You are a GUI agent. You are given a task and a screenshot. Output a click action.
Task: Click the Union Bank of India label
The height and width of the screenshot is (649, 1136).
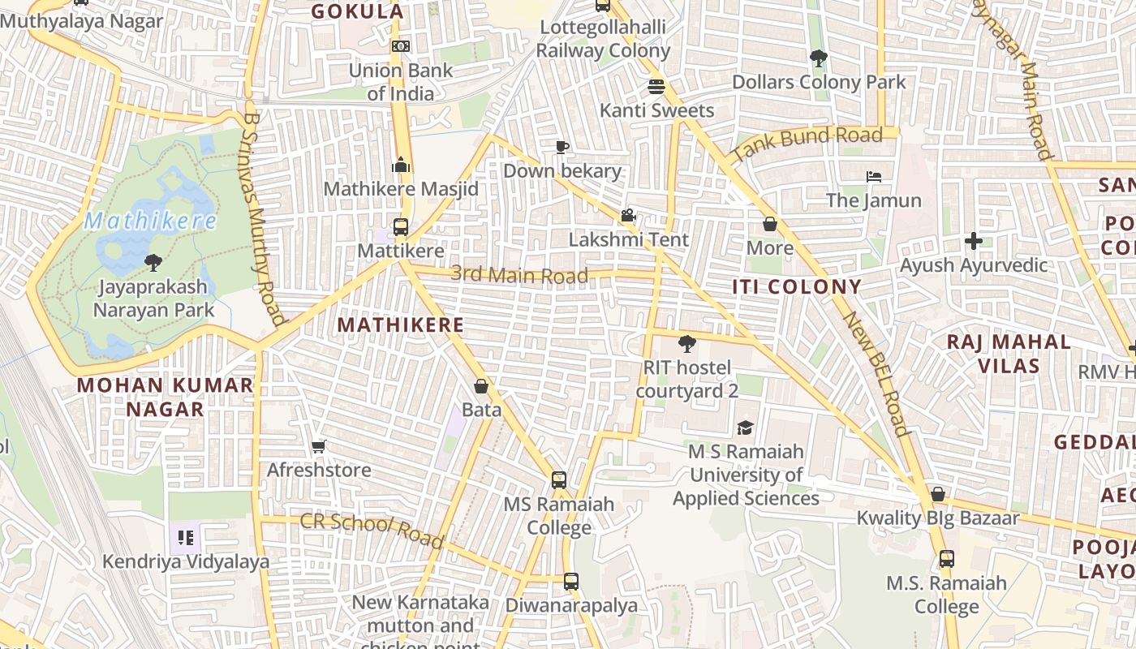pyautogui.click(x=400, y=82)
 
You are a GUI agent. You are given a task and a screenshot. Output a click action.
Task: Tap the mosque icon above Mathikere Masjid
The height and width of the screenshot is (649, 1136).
pyautogui.click(x=400, y=165)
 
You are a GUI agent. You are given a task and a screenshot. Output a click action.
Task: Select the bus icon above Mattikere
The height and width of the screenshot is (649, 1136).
pyautogui.click(x=400, y=227)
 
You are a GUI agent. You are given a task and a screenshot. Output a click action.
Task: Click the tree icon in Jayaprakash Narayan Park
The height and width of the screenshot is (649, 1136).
pyautogui.click(x=153, y=262)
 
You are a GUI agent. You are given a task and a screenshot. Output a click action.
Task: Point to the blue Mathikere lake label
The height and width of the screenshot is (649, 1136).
pyautogui.click(x=150, y=221)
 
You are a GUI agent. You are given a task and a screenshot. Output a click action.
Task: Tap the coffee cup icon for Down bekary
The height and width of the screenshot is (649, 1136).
pyautogui.click(x=562, y=147)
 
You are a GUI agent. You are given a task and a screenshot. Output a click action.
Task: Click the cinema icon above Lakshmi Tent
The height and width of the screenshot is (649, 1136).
pyautogui.click(x=628, y=216)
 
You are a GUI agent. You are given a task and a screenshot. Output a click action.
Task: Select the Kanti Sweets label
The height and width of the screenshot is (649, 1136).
pyautogui.click(x=656, y=110)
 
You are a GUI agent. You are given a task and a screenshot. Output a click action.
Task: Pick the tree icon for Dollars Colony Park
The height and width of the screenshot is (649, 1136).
pyautogui.click(x=818, y=58)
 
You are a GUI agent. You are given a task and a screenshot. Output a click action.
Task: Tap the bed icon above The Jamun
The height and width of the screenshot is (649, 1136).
pyautogui.click(x=873, y=176)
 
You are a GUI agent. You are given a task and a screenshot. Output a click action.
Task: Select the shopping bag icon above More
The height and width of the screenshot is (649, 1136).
pyautogui.click(x=769, y=224)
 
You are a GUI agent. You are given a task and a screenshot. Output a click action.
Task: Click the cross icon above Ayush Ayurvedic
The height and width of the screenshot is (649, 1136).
pyautogui.click(x=973, y=241)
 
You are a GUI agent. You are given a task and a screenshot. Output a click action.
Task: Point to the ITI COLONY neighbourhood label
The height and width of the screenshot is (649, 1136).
pyautogui.click(x=796, y=286)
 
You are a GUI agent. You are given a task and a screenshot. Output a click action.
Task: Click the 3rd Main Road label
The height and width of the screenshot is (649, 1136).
pyautogui.click(x=519, y=274)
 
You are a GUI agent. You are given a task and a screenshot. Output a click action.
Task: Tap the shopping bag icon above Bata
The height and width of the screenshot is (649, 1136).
pyautogui.click(x=481, y=386)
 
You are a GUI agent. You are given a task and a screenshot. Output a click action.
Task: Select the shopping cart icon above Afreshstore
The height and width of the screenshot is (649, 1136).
pyautogui.click(x=319, y=446)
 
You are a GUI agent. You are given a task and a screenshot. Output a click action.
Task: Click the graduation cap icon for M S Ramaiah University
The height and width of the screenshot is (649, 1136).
pyautogui.click(x=745, y=428)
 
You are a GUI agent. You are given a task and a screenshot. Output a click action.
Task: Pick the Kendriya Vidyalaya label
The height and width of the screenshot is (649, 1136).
pyautogui.click(x=186, y=561)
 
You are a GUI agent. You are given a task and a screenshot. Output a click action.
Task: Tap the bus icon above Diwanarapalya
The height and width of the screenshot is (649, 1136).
pyautogui.click(x=571, y=582)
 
